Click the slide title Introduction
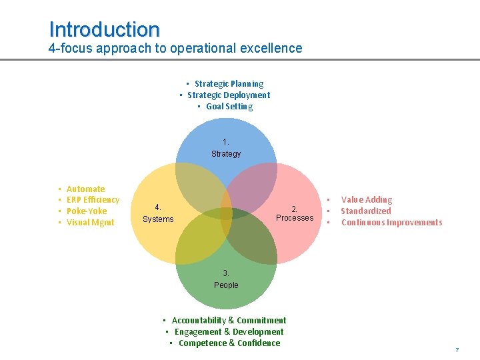click(104, 29)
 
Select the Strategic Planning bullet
click(229, 84)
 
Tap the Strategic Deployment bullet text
click(229, 95)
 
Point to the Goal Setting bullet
click(229, 107)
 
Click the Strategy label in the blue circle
click(226, 154)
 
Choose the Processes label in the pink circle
click(295, 218)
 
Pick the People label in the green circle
click(226, 285)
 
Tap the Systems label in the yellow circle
click(158, 219)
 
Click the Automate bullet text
click(85, 189)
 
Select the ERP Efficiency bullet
click(93, 200)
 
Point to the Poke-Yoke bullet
click(87, 211)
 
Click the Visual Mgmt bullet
click(91, 223)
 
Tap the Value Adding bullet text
click(367, 200)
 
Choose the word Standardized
click(366, 211)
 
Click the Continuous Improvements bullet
click(391, 223)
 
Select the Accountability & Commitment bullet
click(229, 321)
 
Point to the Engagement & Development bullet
click(229, 332)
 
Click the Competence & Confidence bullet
click(229, 343)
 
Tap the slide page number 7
click(457, 350)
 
